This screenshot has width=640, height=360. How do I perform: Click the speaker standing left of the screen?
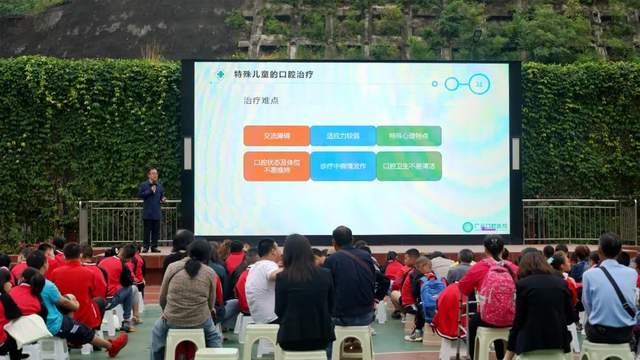(151, 205)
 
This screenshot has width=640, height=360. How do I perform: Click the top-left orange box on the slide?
(276, 136)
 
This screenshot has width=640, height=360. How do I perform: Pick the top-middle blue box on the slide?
(342, 136)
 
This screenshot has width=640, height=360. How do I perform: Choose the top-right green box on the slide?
(408, 136)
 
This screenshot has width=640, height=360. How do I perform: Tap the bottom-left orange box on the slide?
(276, 165)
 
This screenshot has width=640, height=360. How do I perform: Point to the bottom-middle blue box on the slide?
(342, 165)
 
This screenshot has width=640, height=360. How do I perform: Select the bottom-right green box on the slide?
(408, 165)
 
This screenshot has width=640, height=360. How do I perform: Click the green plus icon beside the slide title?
(220, 75)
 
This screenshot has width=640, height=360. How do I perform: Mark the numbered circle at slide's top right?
(479, 84)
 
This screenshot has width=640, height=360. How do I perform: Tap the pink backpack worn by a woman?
(497, 294)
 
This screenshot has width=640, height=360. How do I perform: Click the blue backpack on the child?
(431, 296)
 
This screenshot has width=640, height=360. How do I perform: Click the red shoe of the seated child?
(117, 345)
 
